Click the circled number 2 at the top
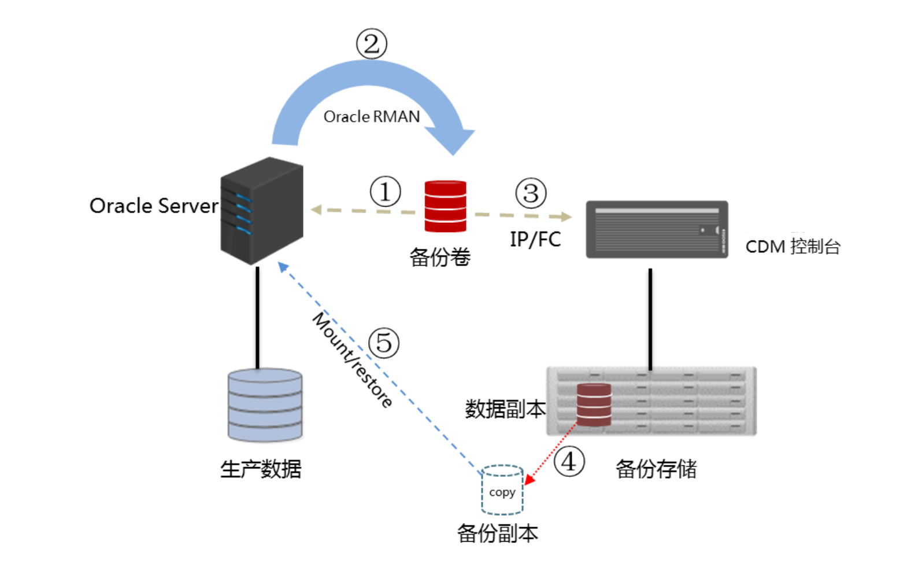(x=371, y=44)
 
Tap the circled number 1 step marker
(x=385, y=192)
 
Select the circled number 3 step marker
(x=531, y=193)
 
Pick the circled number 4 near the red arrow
(x=569, y=462)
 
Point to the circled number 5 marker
(x=384, y=343)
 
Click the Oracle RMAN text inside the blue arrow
(x=371, y=117)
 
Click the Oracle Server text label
(x=154, y=206)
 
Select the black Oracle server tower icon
(x=262, y=211)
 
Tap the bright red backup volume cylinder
(x=445, y=206)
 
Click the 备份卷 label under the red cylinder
(x=440, y=257)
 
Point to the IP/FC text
(x=535, y=239)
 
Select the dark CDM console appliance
(x=657, y=230)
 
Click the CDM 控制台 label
(x=793, y=247)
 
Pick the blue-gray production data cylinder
(x=265, y=405)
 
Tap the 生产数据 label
(x=261, y=469)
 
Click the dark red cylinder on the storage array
(x=594, y=405)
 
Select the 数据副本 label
(x=505, y=409)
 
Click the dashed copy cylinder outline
(x=502, y=490)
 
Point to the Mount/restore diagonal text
(x=353, y=359)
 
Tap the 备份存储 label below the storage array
(x=656, y=469)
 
